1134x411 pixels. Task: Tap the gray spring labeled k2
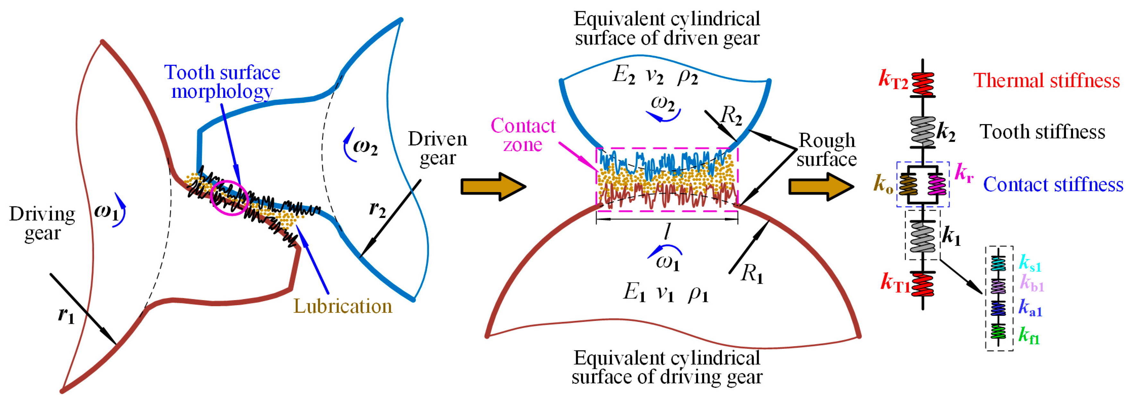923,131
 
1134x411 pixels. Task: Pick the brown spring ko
908,184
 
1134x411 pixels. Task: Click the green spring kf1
998,331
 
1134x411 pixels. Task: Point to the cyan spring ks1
998,264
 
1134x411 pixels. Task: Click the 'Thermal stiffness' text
1046,80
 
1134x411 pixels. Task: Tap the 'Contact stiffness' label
1053,184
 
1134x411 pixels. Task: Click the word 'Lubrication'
343,306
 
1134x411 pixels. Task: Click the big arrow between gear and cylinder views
493,187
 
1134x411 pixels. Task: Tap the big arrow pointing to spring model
821,187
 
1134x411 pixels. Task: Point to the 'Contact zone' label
523,135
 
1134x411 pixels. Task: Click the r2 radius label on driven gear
377,209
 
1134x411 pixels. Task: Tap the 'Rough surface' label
826,150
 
